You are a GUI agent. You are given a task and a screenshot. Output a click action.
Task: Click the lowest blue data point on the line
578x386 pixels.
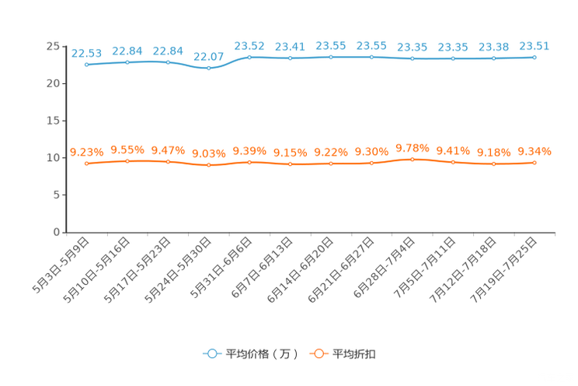tap(208, 68)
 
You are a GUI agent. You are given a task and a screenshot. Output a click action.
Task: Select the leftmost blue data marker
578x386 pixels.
tap(86, 65)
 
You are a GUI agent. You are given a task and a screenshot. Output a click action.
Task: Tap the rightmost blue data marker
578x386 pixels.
tap(534, 57)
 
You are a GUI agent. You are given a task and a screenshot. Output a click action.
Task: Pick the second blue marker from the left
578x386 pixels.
tap(127, 61)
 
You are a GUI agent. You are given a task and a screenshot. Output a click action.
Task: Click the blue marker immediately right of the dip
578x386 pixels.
tap(249, 57)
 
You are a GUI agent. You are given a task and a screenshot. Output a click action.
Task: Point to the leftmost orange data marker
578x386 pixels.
tap(86, 163)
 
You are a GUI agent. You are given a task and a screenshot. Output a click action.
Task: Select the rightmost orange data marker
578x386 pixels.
tap(534, 163)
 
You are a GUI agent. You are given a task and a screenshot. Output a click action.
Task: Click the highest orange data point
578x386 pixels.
tap(413, 159)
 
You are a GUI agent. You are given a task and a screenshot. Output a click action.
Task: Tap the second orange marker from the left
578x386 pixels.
tap(127, 161)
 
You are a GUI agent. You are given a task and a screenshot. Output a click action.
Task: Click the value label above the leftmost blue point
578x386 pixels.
tap(86, 53)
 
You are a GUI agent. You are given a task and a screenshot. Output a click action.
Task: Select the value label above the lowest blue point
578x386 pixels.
tap(208, 56)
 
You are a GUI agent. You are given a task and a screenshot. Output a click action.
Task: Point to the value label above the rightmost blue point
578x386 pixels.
tap(534, 45)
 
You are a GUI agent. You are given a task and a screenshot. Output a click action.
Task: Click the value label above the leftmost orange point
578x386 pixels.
tap(86, 152)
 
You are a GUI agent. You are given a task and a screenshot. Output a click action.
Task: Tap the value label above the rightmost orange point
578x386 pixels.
tap(534, 151)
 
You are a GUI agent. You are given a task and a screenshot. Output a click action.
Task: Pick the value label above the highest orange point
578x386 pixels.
tap(413, 147)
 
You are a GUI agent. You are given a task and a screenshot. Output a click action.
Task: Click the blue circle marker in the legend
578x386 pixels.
tap(211, 353)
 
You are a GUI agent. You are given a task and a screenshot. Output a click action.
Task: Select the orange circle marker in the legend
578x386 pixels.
tap(318, 353)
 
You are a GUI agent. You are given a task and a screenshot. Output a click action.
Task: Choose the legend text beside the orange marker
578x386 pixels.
tap(355, 354)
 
